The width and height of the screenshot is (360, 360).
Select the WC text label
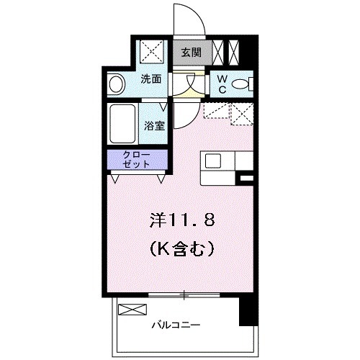click(222, 84)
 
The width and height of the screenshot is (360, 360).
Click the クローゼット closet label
click(138, 159)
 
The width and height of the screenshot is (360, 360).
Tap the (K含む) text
click(182, 250)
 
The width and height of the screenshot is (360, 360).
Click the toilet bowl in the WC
click(245, 84)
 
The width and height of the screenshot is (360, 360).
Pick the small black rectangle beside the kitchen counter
click(247, 177)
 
